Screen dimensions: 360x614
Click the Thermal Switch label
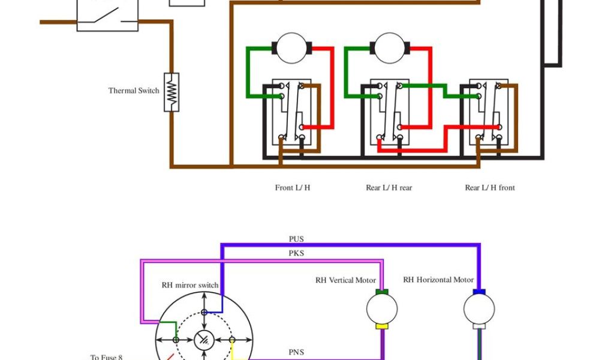tap(134, 91)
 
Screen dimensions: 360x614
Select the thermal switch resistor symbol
tap(171, 92)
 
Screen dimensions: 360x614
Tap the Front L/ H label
tap(293, 188)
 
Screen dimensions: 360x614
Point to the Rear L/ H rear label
tap(389, 188)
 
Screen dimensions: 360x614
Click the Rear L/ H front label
tap(490, 188)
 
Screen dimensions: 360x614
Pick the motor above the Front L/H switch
tap(291, 47)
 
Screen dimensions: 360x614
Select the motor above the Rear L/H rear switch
tap(390, 47)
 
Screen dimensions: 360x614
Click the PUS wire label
tap(296, 239)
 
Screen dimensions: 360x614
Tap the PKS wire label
tap(296, 253)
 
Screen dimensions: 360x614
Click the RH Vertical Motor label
tap(346, 280)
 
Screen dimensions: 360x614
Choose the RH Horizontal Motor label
tap(438, 280)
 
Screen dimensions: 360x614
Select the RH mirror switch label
tap(190, 285)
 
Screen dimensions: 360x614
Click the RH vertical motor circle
tap(382, 309)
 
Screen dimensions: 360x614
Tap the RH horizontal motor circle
tap(479, 309)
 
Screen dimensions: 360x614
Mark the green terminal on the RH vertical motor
tap(382, 292)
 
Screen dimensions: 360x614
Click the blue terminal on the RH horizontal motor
tap(479, 292)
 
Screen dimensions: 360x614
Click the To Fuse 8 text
tap(106, 357)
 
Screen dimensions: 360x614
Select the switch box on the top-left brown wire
tap(107, 14)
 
